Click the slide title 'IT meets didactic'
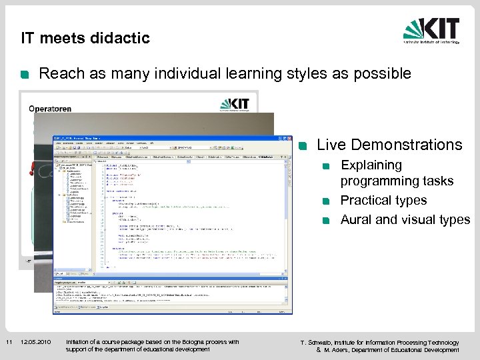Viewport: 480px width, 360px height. (x=85, y=38)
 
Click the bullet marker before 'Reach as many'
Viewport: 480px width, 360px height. (x=25, y=75)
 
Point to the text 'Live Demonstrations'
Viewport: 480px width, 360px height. (x=389, y=145)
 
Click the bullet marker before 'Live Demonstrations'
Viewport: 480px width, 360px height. (x=303, y=146)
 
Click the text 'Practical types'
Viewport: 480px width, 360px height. (x=383, y=200)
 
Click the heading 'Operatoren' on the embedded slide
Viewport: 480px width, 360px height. (x=50, y=109)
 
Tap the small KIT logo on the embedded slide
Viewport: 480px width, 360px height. (x=234, y=105)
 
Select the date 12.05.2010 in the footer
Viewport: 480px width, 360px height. (x=35, y=343)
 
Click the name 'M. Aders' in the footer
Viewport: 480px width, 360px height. (x=339, y=350)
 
